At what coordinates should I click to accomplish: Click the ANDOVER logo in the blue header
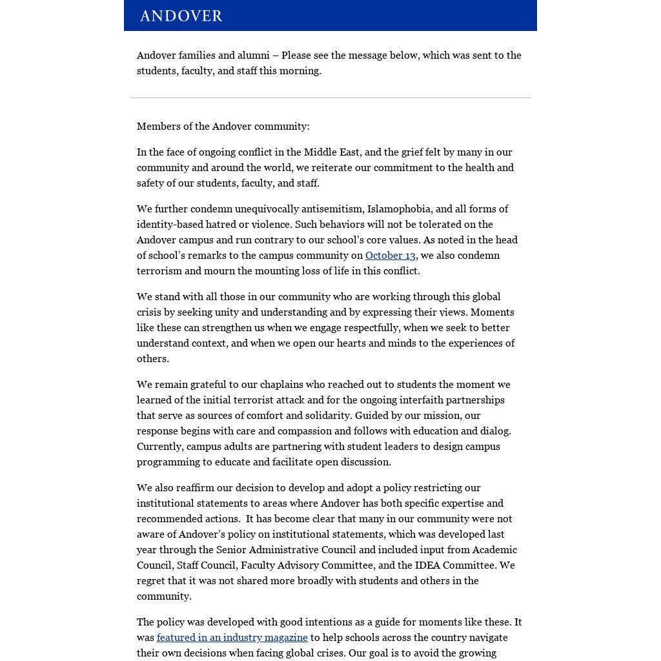[181, 15]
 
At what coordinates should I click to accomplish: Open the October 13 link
[390, 256]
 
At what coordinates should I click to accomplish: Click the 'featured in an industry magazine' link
[232, 638]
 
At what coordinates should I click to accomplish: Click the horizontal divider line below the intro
[330, 98]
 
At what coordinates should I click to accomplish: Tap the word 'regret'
[153, 581]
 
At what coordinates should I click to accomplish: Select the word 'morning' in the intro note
[300, 71]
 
